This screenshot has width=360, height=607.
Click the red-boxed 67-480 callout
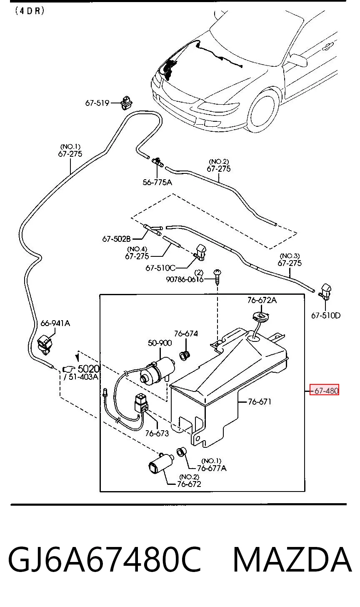click(324, 391)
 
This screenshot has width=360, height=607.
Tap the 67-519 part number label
click(97, 103)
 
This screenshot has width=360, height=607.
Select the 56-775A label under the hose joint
click(157, 182)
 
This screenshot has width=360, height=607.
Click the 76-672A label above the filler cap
click(262, 300)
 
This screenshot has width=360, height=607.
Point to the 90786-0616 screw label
click(185, 279)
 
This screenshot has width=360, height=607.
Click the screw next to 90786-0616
click(217, 276)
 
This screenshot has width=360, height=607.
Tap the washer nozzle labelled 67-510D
click(325, 292)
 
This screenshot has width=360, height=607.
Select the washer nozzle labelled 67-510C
click(200, 253)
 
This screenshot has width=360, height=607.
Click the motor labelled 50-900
click(157, 370)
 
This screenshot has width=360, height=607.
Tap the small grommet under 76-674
click(185, 356)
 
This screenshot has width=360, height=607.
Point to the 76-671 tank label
click(260, 401)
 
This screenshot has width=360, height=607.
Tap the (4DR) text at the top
click(30, 11)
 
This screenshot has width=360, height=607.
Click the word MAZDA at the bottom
click(292, 559)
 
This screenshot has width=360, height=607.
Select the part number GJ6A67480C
click(105, 559)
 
